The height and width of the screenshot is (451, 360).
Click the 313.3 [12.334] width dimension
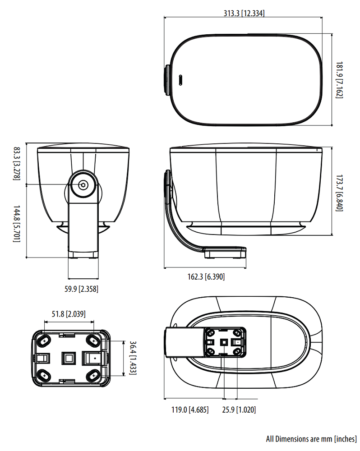click(x=244, y=13)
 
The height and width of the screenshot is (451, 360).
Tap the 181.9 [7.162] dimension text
click(x=340, y=80)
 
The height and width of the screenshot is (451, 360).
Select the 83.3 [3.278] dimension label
click(x=17, y=164)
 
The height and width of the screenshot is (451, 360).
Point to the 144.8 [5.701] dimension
click(x=17, y=224)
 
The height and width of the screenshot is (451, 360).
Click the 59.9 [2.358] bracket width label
click(x=82, y=289)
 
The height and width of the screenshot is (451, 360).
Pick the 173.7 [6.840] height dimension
click(x=340, y=193)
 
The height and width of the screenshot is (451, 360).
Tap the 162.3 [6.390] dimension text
click(x=206, y=277)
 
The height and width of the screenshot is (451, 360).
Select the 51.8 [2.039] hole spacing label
click(x=69, y=314)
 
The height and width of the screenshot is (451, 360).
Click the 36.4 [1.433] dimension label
click(x=133, y=358)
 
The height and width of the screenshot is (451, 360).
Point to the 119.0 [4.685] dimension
click(x=190, y=410)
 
